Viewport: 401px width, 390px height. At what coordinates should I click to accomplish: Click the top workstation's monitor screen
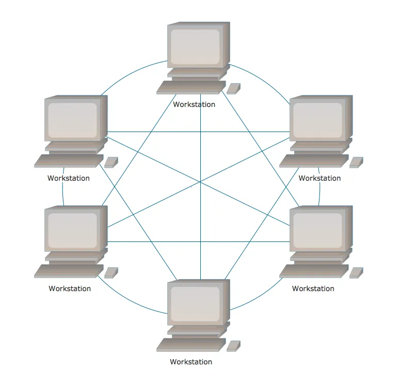195,46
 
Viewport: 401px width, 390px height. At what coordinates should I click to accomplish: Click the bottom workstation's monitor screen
195,303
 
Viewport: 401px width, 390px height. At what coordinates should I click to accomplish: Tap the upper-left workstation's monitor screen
73,119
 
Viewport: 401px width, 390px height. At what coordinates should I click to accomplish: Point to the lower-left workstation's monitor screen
73,230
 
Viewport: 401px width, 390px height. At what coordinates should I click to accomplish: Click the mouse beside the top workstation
234,88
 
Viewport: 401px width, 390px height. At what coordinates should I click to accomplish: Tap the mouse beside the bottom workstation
234,346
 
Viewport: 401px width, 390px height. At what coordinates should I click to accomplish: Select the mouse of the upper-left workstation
111,162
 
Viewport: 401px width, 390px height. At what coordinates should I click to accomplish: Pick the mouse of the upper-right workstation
356,162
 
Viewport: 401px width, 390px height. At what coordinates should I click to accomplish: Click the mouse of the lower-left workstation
111,272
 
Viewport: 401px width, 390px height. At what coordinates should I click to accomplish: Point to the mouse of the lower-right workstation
356,272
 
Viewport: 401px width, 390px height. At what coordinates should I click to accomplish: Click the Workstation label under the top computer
194,104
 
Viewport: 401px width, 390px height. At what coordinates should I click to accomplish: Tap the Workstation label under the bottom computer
191,362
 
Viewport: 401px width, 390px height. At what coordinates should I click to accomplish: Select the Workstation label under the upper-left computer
69,178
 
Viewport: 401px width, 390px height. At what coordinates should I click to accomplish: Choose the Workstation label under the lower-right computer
313,288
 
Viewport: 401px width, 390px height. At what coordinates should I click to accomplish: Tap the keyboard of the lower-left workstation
69,271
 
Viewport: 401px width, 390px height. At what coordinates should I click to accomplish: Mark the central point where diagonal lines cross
200,182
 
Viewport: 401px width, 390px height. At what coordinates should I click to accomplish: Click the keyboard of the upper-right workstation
314,161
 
